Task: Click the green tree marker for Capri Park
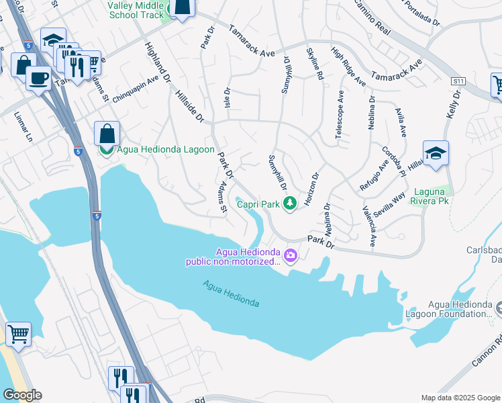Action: (x=290, y=202)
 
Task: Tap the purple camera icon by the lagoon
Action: (x=290, y=255)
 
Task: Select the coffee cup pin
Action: (x=38, y=77)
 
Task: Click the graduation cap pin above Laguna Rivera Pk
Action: (x=436, y=153)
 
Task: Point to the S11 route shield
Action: (x=458, y=81)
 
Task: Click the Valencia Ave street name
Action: (x=371, y=226)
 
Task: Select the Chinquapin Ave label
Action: (x=136, y=87)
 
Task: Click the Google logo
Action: (x=22, y=395)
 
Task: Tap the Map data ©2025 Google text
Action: (x=460, y=398)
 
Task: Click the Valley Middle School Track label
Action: (x=136, y=9)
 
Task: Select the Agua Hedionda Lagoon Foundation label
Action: (x=448, y=310)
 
